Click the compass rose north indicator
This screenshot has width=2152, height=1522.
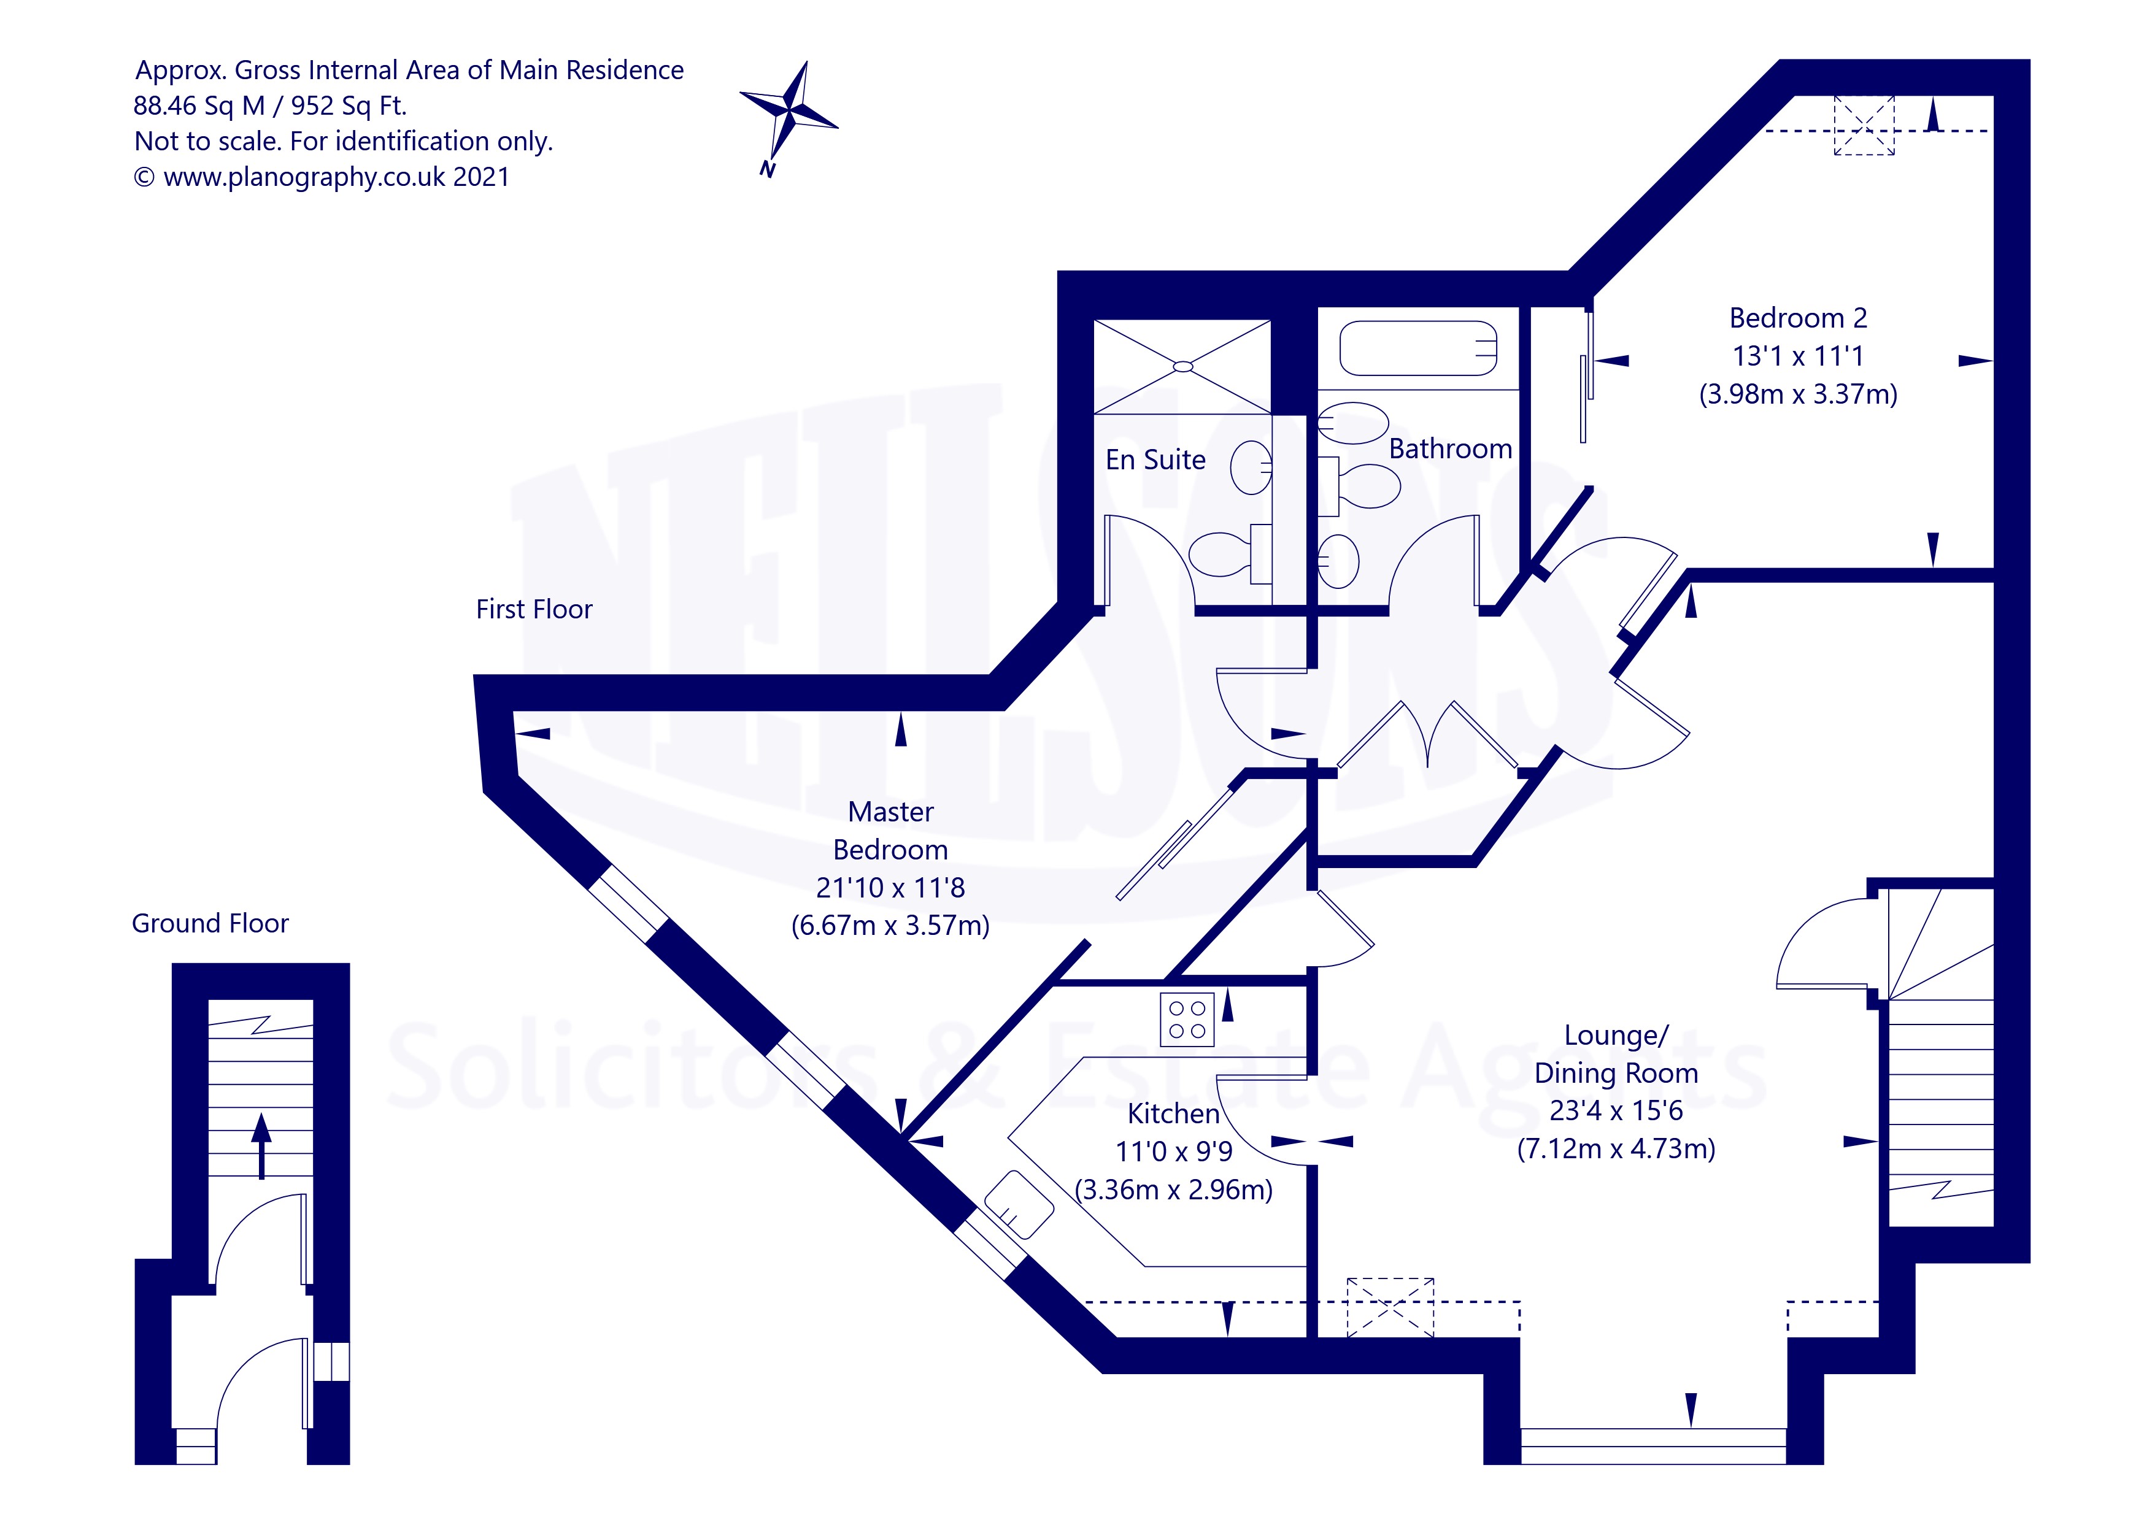click(x=789, y=117)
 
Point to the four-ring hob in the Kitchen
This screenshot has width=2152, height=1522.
click(x=1187, y=1020)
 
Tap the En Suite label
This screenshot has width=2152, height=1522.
click(x=1155, y=460)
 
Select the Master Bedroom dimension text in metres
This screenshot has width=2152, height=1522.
click(x=890, y=926)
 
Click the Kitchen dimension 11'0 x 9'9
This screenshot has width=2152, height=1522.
click(x=1173, y=1152)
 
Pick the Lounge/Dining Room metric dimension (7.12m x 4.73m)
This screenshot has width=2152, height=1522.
click(x=1615, y=1149)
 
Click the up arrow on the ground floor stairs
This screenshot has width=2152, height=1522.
click(x=261, y=1145)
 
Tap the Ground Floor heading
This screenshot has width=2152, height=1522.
click(x=210, y=924)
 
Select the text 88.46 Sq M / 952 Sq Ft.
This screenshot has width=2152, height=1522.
click(x=270, y=106)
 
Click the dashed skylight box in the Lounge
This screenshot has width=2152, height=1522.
click(x=1390, y=1307)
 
